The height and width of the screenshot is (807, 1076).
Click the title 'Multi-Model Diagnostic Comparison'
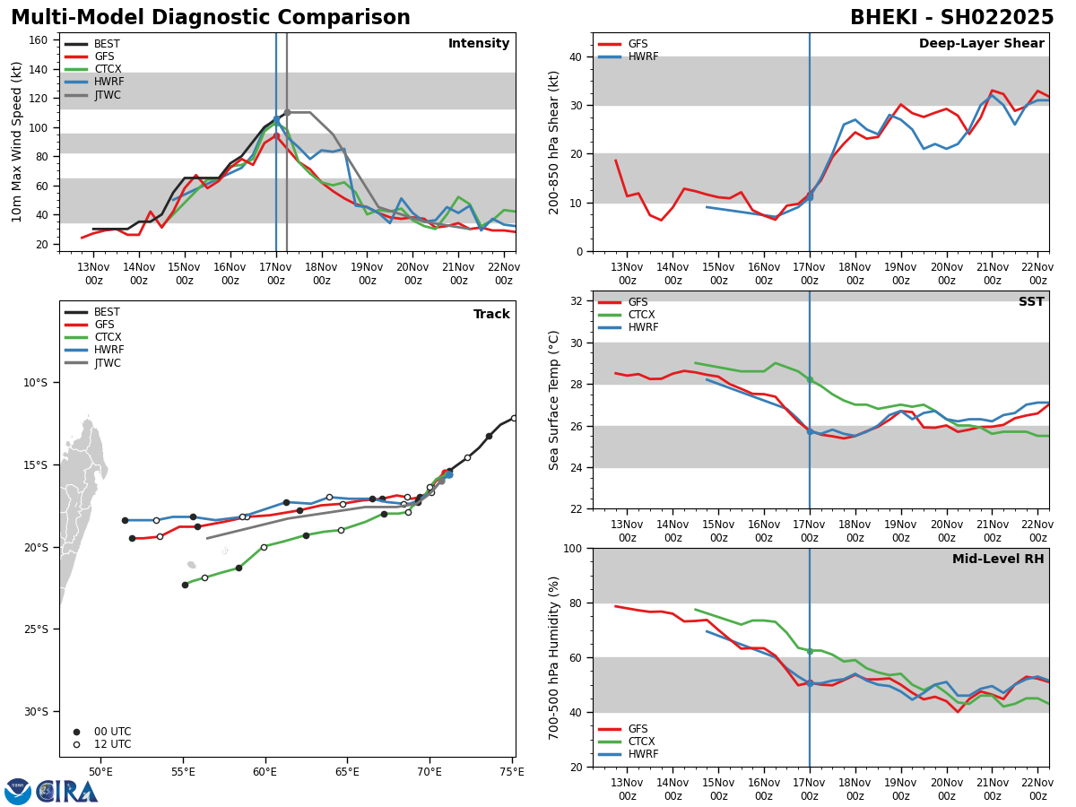coord(211,18)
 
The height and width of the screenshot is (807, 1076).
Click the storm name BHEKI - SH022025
coord(951,18)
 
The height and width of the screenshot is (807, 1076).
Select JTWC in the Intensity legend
coord(108,95)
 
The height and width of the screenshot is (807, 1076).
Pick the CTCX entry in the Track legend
coord(108,338)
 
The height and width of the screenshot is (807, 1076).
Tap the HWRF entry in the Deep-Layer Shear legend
coord(643,57)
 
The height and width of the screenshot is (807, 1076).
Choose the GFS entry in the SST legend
coord(638,303)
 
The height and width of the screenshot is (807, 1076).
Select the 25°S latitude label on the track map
coord(35,629)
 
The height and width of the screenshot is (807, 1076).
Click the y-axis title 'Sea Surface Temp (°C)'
coord(555,400)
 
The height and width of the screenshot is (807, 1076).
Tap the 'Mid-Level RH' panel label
coord(998,560)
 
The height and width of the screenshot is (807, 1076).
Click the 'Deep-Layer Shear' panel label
coord(981,44)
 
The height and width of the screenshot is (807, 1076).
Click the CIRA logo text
coord(68,792)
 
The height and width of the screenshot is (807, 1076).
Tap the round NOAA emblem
coord(18,792)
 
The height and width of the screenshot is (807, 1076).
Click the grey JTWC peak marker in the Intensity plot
coord(287,113)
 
